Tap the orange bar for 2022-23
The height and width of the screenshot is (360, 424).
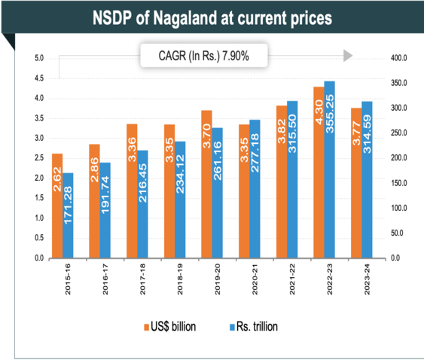pos(319,172)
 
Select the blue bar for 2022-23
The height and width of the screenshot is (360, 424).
pos(330,169)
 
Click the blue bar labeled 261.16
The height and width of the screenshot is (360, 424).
pos(217,193)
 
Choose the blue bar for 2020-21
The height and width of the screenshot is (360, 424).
pos(255,189)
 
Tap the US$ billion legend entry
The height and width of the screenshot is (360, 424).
pos(172,328)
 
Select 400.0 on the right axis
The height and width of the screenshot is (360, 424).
pos(396,59)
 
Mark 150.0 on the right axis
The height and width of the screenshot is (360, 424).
pos(396,183)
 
